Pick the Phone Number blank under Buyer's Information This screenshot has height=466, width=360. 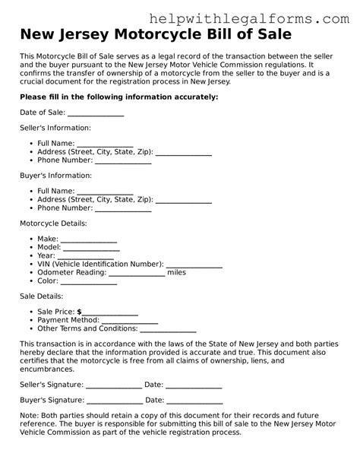click(x=123, y=208)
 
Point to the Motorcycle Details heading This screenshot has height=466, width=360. click(x=53, y=223)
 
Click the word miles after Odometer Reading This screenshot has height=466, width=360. click(x=176, y=272)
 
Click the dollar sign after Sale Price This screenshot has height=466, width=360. click(x=79, y=312)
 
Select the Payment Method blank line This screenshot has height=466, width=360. click(x=122, y=320)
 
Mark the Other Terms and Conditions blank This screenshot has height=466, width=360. click(x=168, y=328)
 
